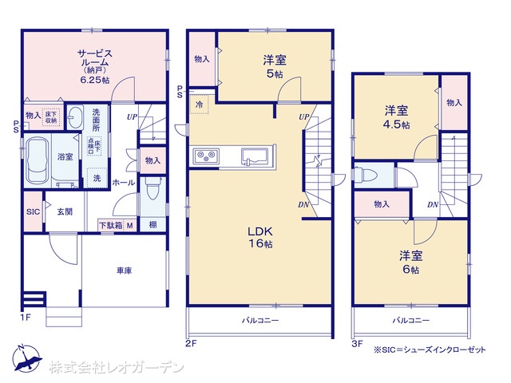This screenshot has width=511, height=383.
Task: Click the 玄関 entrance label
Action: click(65, 211)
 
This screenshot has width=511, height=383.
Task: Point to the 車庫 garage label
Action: click(122, 270)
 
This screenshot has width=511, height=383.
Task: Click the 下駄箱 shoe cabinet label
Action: click(110, 226)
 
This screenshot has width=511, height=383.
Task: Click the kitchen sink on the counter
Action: click(255, 155)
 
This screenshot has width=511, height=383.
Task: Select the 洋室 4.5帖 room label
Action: click(396, 116)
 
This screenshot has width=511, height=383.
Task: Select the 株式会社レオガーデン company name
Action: click(116, 368)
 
